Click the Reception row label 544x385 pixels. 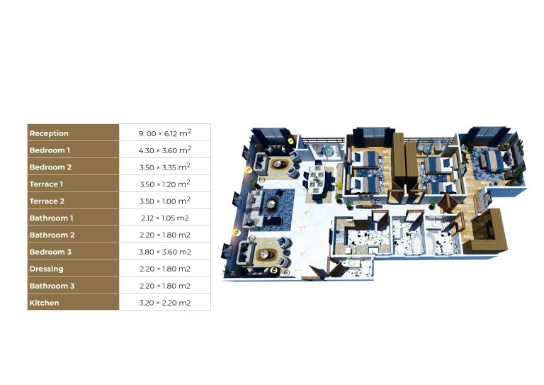[49, 133]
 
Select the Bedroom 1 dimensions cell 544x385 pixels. [165, 150]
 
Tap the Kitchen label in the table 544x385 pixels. [44, 303]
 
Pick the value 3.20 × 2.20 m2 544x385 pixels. [165, 303]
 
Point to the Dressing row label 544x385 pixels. [47, 269]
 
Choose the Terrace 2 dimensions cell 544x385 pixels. [165, 201]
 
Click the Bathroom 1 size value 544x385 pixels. [165, 218]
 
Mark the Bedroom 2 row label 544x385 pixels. [50, 167]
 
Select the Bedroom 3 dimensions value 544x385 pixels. [165, 252]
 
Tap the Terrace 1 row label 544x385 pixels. [46, 184]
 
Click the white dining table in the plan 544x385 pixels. [317, 179]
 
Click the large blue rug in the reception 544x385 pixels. [274, 209]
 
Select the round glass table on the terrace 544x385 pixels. [328, 151]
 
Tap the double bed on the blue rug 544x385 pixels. [492, 160]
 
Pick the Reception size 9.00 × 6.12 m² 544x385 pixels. [165, 133]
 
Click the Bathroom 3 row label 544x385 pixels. [52, 286]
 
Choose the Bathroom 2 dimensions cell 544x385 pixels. [165, 235]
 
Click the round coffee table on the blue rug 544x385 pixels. [271, 204]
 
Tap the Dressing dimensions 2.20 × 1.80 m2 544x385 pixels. [165, 269]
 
